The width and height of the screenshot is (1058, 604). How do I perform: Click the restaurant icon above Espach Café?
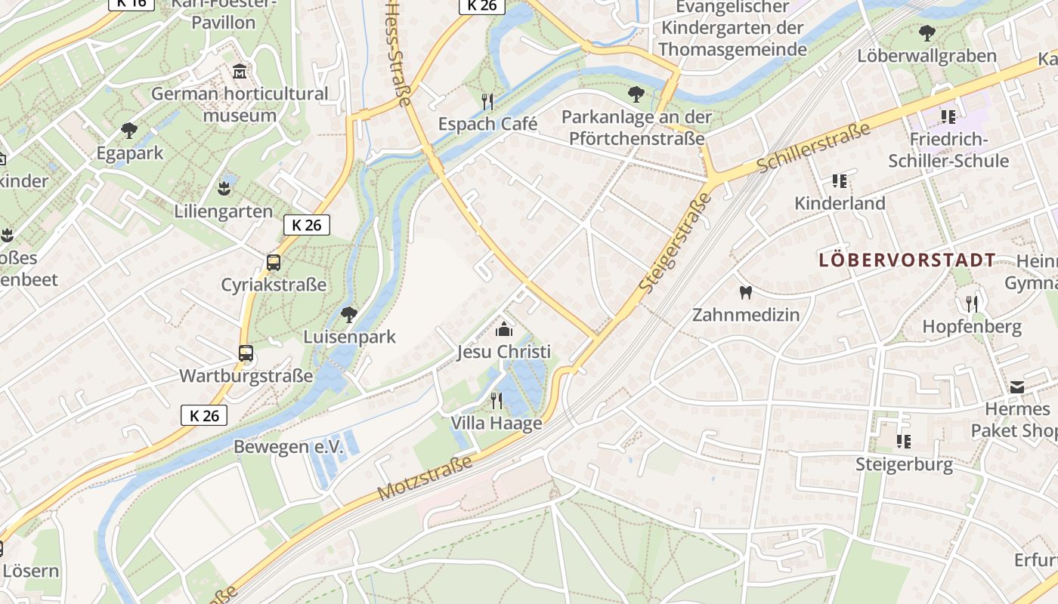coord(487,101)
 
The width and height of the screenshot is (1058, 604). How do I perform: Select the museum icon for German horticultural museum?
coord(240,72)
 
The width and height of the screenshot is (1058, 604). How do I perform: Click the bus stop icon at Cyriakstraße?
coord(274,263)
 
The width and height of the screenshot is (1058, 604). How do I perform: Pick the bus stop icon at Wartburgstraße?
coord(246,353)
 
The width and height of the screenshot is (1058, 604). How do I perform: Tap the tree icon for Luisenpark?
coord(348,314)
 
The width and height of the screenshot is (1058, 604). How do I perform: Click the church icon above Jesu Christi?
coord(503,329)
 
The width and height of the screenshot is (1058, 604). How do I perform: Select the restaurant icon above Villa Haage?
coord(497,400)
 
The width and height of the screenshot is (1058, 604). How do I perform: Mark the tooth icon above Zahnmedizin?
coord(746,292)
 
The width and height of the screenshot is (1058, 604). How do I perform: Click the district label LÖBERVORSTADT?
coord(908,260)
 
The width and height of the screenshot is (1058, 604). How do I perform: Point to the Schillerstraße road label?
coord(813,147)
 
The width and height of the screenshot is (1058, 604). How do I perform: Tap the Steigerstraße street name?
coord(676,243)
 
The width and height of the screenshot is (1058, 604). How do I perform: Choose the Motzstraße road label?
coord(425,477)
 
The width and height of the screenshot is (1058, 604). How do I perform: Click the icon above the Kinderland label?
coord(840,181)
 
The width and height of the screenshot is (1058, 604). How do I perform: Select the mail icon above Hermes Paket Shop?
coord(1017,387)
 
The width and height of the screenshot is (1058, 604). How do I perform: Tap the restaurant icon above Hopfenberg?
coord(972,304)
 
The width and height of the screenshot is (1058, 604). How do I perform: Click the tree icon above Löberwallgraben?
coord(927,33)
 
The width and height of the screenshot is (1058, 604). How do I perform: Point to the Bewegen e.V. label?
coord(288,447)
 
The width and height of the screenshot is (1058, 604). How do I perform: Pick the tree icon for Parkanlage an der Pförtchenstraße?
coord(636,94)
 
